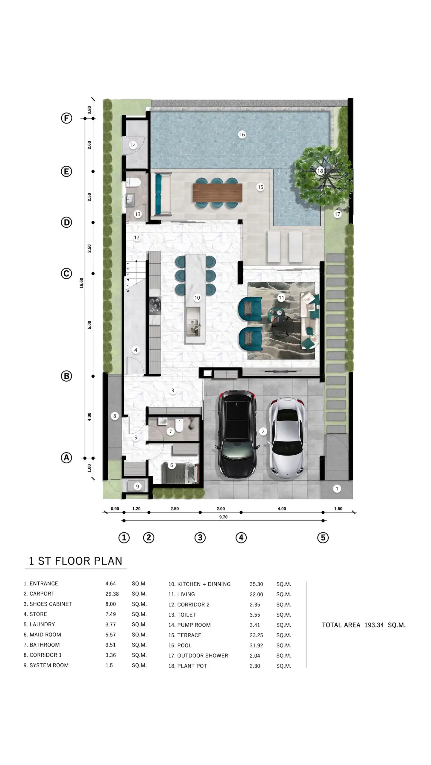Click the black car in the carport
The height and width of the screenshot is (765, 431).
237,434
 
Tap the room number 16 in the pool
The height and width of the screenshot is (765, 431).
242,135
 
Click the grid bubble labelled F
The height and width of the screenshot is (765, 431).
66,118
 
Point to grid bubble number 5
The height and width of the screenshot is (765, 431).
323,538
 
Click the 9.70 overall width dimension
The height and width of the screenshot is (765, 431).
223,517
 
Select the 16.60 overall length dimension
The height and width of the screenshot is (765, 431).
81,283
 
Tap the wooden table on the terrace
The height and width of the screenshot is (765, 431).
217,192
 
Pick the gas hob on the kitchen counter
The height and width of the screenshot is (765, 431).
155,306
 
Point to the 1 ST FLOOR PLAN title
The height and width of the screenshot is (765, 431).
75,561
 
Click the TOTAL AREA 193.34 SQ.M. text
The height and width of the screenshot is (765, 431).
364,625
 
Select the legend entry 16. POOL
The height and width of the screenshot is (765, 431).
180,645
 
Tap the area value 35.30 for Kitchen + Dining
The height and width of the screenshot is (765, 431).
256,584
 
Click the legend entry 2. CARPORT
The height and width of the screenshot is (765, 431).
39,594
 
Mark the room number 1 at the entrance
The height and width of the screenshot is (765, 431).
337,489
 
